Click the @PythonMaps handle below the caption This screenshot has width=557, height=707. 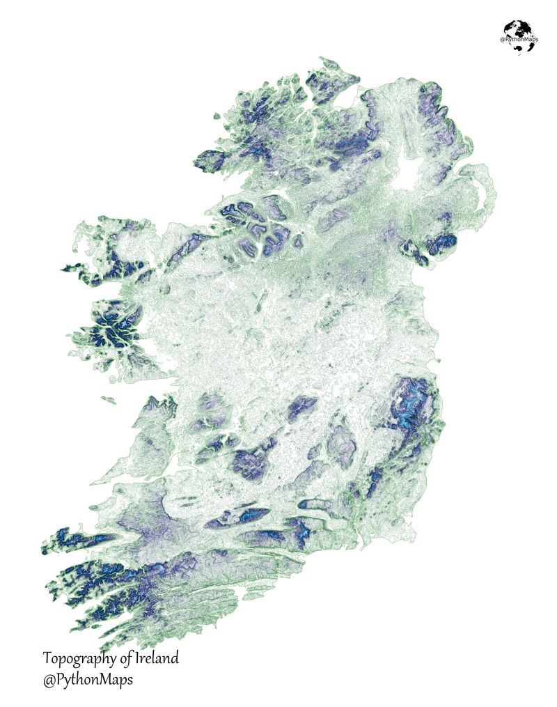click(x=87, y=678)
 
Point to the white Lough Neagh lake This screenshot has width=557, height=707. click(x=408, y=176)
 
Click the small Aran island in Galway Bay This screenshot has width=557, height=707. click(x=109, y=399)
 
